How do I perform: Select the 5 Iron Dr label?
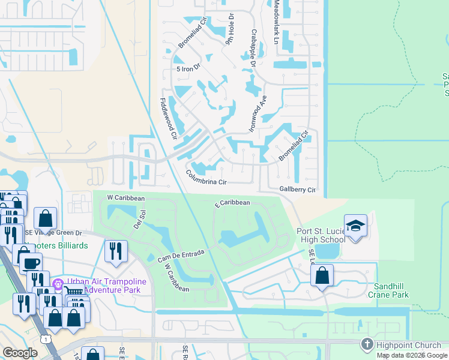click(187, 69)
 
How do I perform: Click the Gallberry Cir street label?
click(298, 189)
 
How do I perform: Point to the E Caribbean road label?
click(233, 203)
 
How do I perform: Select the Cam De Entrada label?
click(181, 256)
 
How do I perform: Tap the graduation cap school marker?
click(355, 226)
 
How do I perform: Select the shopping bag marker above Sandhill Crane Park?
click(322, 276)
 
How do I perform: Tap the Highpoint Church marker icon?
click(367, 344)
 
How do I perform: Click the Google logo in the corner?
click(20, 353)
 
